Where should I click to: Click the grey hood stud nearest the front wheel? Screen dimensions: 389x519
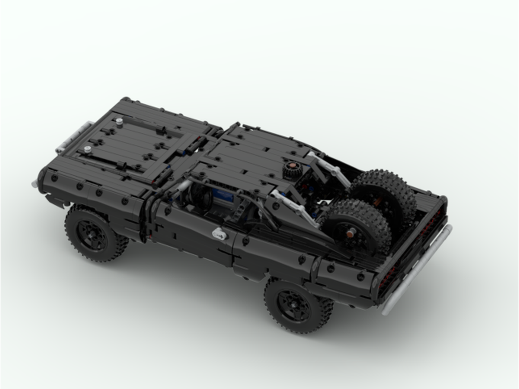click(x=87, y=149)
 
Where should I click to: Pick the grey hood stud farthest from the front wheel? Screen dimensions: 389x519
click(x=119, y=121)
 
